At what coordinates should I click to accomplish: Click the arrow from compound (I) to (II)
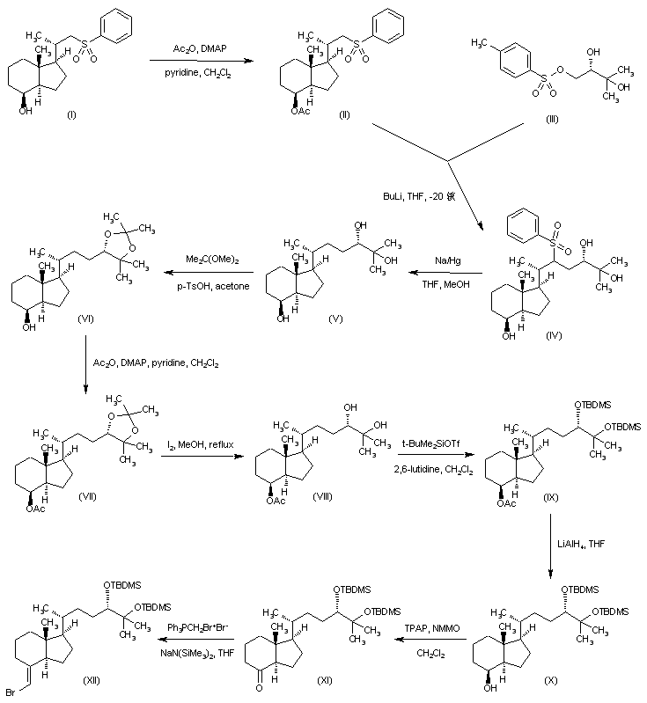coord(195,59)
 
